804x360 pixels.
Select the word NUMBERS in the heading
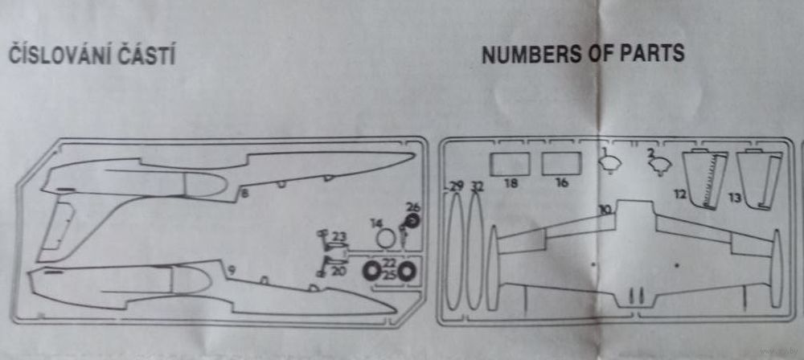[x=527, y=54]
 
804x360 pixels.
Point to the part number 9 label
[x=231, y=272]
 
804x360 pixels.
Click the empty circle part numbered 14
[x=387, y=239]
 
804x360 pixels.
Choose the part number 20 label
[x=338, y=272]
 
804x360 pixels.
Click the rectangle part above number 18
[x=510, y=163]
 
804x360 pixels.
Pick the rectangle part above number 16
[x=561, y=163]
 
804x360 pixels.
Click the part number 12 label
[x=680, y=194]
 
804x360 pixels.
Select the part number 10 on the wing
[x=605, y=210]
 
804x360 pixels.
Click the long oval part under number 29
[x=456, y=253]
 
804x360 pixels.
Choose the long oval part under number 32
[x=475, y=253]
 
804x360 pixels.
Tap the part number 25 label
[x=389, y=276]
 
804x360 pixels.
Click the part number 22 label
[x=389, y=264]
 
